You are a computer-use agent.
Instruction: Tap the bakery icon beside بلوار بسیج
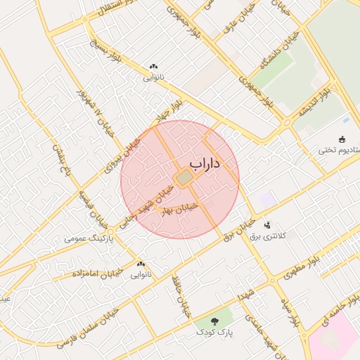pos(153,67)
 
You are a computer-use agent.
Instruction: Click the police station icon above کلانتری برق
pos(266,226)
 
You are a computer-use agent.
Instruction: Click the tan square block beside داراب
pos(184,179)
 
